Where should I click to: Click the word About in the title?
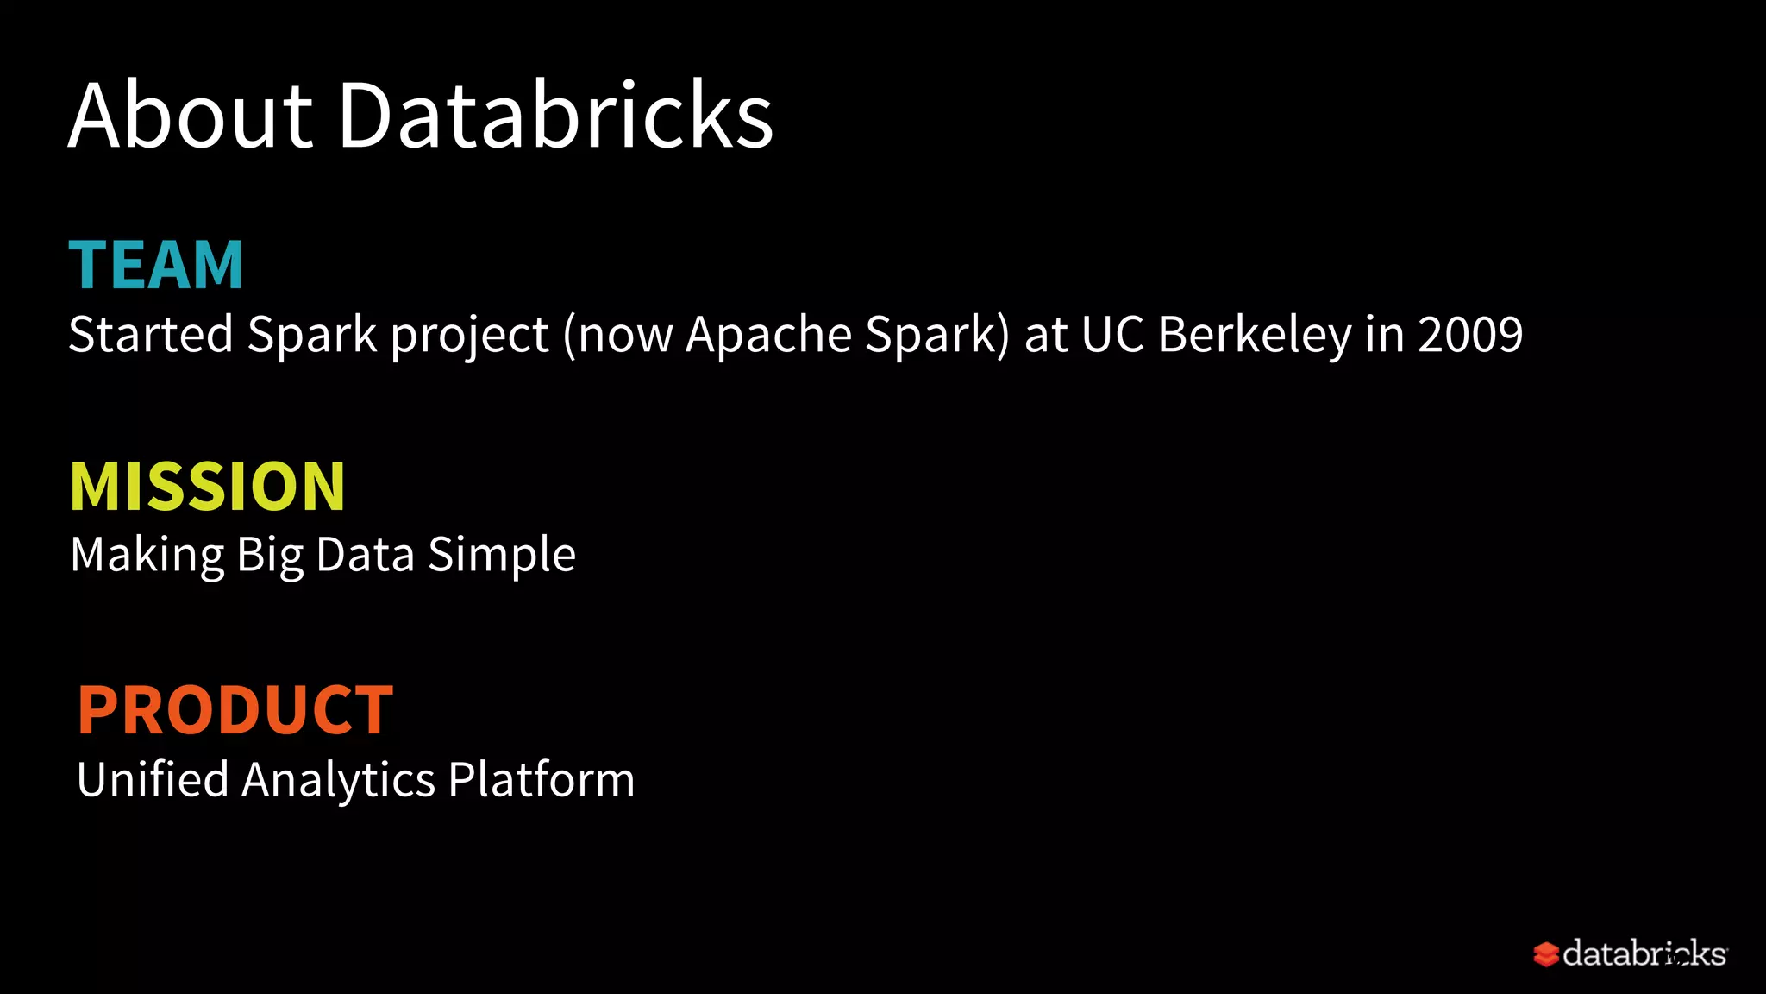point(191,116)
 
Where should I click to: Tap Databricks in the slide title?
point(556,116)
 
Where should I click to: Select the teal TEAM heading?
point(156,265)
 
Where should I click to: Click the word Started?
point(151,334)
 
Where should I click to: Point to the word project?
point(469,336)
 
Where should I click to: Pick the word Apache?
point(768,334)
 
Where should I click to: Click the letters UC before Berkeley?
point(1112,334)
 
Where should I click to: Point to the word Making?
point(147,555)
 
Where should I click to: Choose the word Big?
point(270,555)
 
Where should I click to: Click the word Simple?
point(502,555)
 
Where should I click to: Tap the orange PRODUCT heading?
point(235,710)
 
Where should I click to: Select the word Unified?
point(153,779)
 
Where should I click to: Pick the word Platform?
point(542,779)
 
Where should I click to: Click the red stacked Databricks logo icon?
point(1545,954)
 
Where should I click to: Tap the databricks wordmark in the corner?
point(1644,953)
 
